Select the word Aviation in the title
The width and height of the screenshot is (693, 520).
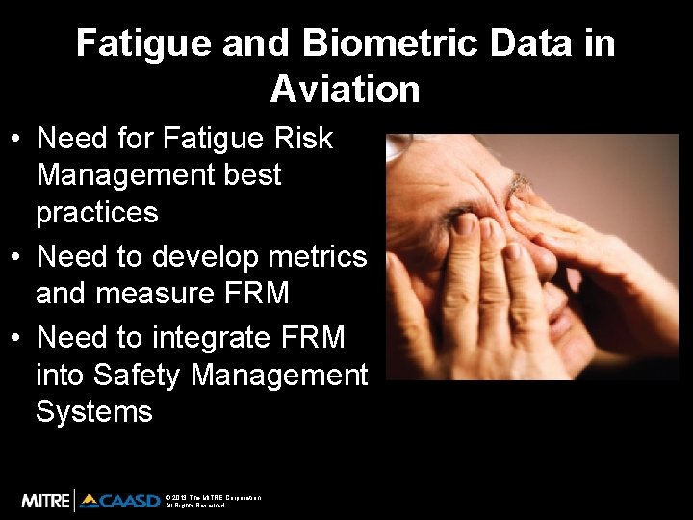click(346, 90)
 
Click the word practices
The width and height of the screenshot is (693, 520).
click(96, 212)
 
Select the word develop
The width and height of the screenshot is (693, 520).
click(206, 257)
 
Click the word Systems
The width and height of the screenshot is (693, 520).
click(93, 411)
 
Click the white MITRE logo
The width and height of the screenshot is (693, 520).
click(45, 500)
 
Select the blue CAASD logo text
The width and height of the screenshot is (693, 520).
click(130, 501)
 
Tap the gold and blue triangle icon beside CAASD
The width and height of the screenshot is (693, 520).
click(90, 500)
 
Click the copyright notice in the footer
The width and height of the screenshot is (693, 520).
click(212, 501)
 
